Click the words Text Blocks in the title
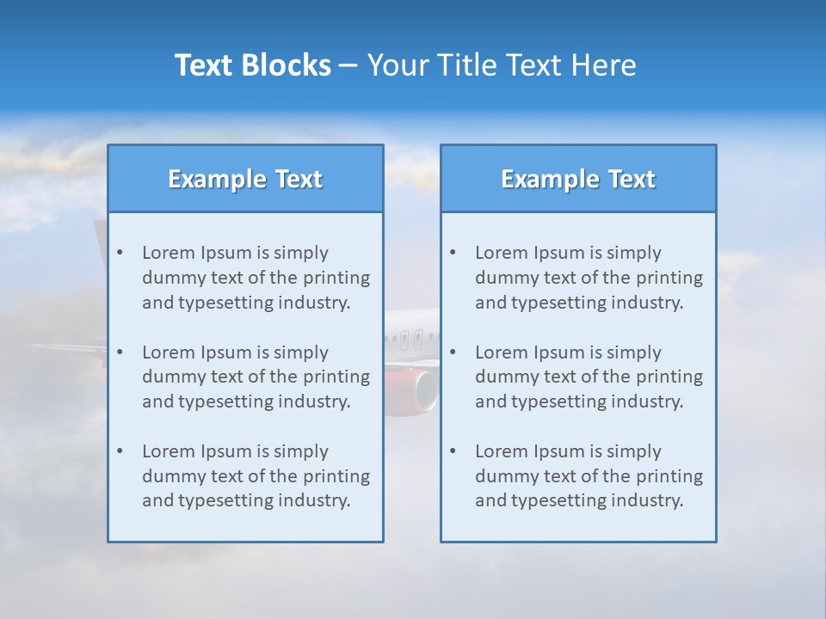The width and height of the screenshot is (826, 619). [252, 65]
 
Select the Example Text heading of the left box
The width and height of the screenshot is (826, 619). [245, 179]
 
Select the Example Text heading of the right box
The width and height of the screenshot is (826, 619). [578, 179]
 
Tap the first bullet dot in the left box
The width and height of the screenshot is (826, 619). [120, 253]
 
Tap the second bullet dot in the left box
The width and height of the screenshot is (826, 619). [120, 352]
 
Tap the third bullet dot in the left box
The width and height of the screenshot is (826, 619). [120, 451]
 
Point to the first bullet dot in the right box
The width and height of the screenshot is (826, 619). [453, 253]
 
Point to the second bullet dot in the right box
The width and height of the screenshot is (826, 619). [453, 352]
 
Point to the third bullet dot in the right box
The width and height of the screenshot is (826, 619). [453, 451]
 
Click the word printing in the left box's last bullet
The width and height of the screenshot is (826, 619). [338, 476]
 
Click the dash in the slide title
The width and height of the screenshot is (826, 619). [348, 66]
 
